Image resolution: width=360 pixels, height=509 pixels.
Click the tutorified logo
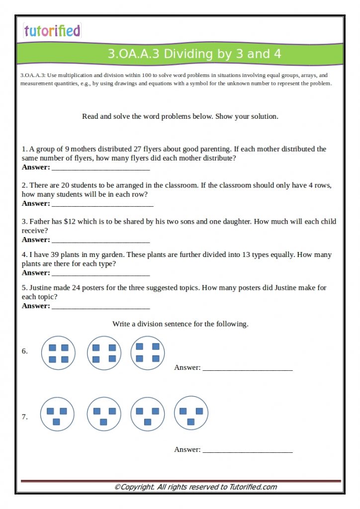[52, 31]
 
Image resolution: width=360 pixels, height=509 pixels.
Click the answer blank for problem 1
[100, 168]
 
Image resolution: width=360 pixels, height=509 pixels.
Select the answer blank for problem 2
[102, 204]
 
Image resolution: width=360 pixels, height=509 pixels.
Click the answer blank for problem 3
[100, 241]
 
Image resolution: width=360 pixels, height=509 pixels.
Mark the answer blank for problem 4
[100, 273]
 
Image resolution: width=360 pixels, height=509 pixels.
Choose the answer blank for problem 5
[100, 307]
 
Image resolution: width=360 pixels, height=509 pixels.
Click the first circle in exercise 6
[58, 353]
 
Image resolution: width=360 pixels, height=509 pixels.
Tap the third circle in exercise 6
[148, 352]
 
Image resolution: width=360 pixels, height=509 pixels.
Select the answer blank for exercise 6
[247, 369]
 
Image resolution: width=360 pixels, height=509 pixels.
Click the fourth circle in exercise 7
[191, 414]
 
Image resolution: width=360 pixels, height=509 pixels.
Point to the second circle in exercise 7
[104, 414]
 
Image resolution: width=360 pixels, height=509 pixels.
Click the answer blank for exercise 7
[247, 450]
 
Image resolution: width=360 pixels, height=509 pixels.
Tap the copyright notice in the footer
[195, 487]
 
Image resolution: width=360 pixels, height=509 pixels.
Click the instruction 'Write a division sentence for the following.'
[180, 324]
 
